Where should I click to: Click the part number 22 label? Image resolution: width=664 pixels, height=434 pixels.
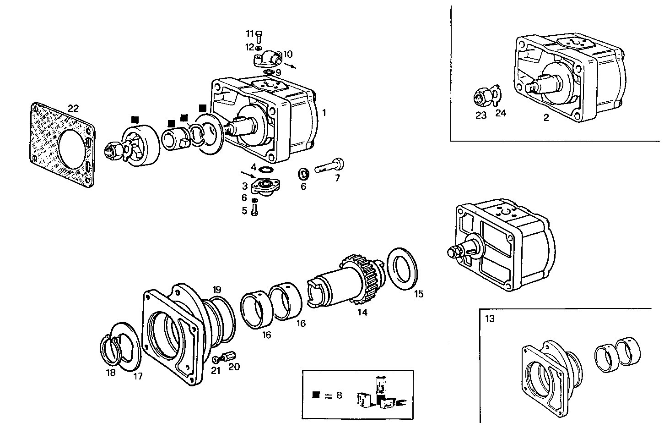[73, 109]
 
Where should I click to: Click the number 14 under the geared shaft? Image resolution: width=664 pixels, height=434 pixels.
[362, 313]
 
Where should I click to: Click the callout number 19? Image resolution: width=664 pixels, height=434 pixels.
[217, 289]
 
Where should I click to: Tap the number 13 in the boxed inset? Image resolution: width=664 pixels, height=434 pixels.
[490, 319]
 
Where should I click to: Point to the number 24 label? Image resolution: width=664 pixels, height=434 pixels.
[501, 113]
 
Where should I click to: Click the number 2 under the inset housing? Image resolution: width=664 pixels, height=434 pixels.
[546, 117]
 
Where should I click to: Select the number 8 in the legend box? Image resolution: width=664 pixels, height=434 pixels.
[339, 395]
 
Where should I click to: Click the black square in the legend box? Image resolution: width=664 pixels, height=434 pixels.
[315, 395]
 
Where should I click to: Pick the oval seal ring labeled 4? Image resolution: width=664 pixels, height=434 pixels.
[264, 170]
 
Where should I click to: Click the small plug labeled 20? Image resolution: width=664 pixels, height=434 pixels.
[229, 356]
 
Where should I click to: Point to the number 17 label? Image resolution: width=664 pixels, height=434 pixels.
[138, 376]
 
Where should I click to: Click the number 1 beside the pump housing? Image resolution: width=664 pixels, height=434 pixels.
[324, 112]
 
